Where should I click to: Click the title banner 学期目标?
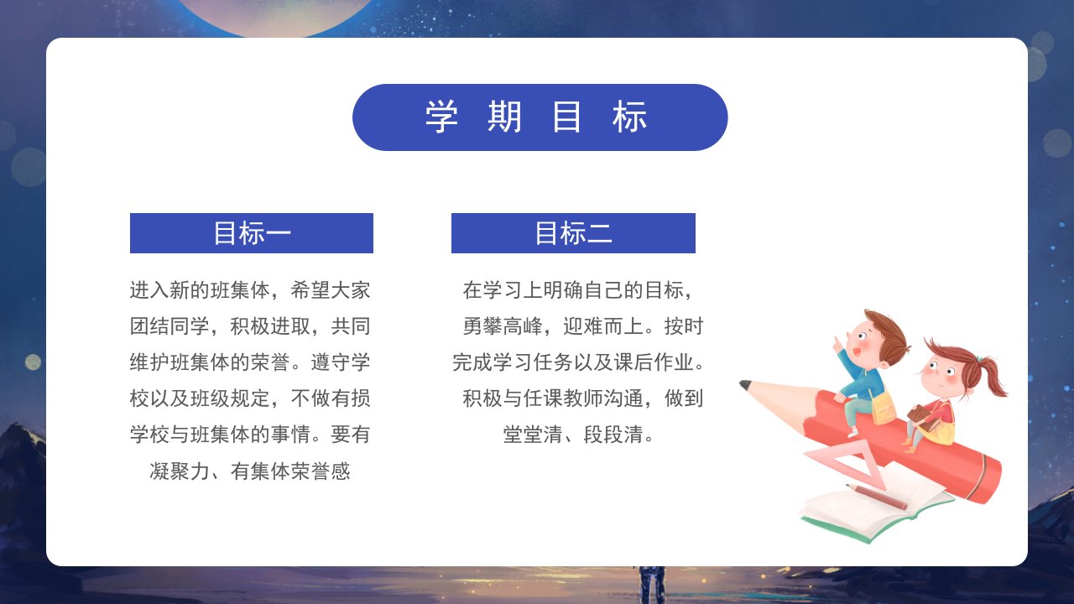[540, 117]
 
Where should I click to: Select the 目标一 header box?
[252, 233]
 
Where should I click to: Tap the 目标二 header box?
[573, 233]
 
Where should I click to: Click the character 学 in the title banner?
[441, 117]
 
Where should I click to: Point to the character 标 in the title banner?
[629, 117]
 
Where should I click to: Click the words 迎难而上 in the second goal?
[603, 326]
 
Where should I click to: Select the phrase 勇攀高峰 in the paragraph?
[503, 326]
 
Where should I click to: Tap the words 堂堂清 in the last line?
[533, 435]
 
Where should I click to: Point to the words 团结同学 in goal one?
[169, 326]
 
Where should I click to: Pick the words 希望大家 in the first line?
[331, 290]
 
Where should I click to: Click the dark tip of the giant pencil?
[744, 385]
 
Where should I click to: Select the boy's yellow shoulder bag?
[882, 407]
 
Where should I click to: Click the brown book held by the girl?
[923, 418]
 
